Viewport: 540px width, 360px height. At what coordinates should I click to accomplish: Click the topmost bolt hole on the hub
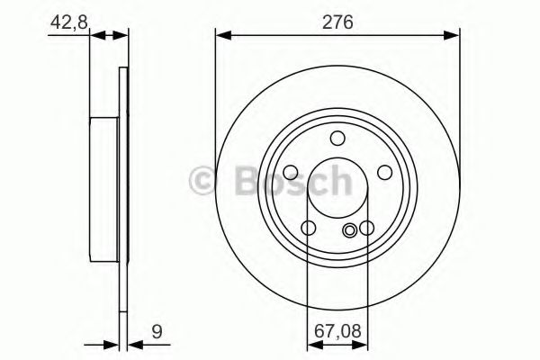coord(337,138)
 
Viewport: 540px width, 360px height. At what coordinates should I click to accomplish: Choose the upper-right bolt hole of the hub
coord(383,172)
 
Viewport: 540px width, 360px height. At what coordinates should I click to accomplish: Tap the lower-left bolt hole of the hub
coord(309,229)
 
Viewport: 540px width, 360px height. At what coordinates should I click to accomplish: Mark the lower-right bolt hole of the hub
coord(366,229)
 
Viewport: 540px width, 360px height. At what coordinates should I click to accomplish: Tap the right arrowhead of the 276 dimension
coord(454,36)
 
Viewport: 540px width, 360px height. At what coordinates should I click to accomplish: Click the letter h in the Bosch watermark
coord(337,180)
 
